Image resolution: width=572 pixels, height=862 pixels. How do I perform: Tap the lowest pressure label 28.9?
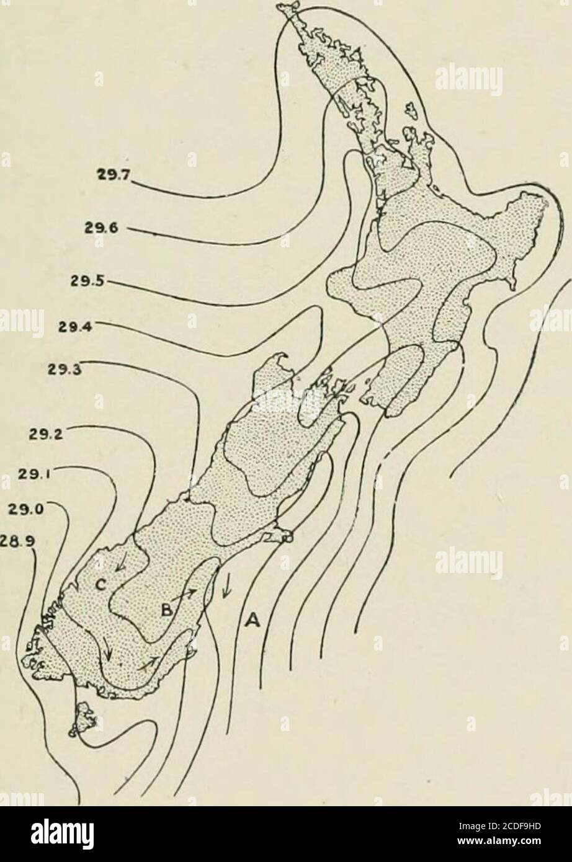pyautogui.click(x=19, y=540)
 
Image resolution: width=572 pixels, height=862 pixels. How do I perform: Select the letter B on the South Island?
pyautogui.click(x=167, y=609)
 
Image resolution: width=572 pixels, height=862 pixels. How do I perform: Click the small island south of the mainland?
pyautogui.click(x=85, y=719)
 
